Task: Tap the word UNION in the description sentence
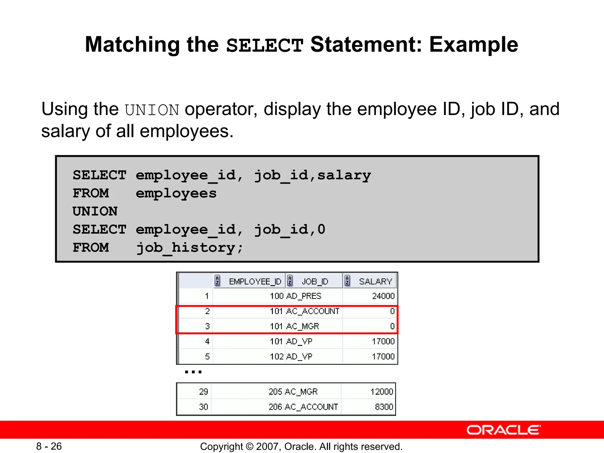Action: pyautogui.click(x=152, y=110)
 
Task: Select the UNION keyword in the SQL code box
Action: pyautogui.click(x=95, y=211)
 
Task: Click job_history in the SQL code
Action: pyautogui.click(x=189, y=247)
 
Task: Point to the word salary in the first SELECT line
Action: pyautogui.click(x=344, y=175)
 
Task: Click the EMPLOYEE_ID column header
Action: pyautogui.click(x=255, y=281)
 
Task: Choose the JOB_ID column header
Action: pyautogui.click(x=315, y=281)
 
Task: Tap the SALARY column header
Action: pyautogui.click(x=375, y=281)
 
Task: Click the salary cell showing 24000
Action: pyautogui.click(x=383, y=296)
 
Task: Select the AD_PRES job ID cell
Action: pyautogui.click(x=304, y=296)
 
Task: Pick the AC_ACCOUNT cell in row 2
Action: pyautogui.click(x=313, y=311)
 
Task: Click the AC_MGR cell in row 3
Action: pyautogui.click(x=303, y=326)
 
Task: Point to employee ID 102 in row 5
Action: pyautogui.click(x=276, y=357)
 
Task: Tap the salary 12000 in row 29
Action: pyautogui.click(x=382, y=392)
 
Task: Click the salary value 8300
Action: pyautogui.click(x=384, y=407)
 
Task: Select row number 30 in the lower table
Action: pyautogui.click(x=203, y=407)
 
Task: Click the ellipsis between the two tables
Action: pyautogui.click(x=193, y=372)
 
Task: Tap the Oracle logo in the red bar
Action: pyautogui.click(x=504, y=430)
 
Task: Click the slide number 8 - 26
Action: pyautogui.click(x=49, y=446)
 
